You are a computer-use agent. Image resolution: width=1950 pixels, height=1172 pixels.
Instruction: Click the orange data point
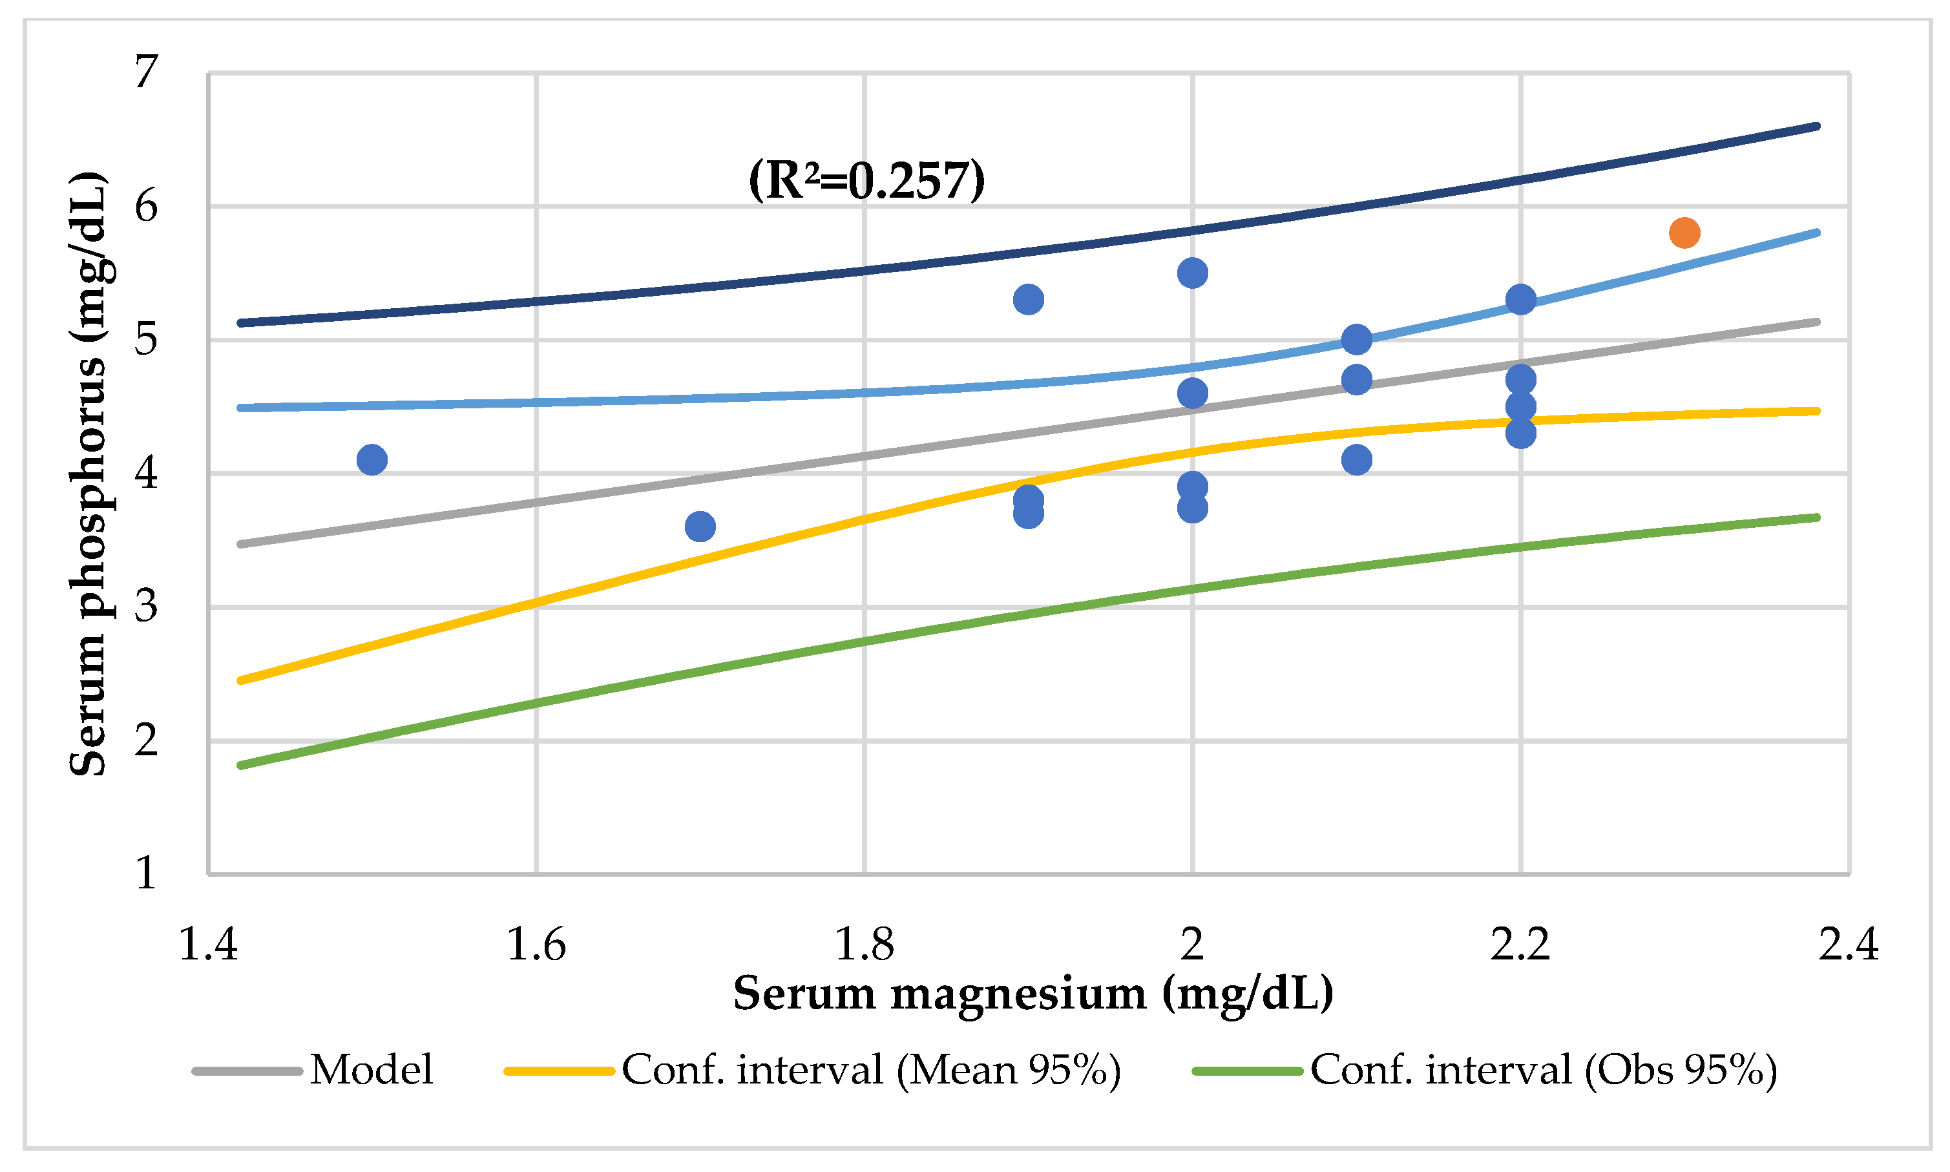[1684, 233]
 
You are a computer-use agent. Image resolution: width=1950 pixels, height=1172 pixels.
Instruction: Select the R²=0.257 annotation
[866, 180]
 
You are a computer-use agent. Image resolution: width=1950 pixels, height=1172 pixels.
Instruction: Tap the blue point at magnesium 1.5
[372, 459]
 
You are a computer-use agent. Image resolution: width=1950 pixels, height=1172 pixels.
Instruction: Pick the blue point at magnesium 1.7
[700, 526]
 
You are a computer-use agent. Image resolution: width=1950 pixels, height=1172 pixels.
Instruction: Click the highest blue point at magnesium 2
[1192, 273]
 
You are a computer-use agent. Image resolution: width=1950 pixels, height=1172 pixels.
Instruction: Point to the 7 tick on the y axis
[146, 72]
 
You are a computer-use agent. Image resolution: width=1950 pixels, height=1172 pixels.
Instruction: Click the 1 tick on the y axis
[146, 874]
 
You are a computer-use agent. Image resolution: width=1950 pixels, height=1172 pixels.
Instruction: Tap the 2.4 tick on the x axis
[1848, 945]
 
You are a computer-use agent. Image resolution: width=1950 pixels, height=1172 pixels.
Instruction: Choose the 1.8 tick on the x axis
[864, 945]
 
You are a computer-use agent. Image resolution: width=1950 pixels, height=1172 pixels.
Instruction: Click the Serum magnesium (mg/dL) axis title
[1033, 994]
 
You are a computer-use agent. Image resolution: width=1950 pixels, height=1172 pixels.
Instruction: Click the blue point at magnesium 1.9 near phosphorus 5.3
[1027, 299]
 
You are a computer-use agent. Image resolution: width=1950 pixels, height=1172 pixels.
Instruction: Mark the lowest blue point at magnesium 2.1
[1356, 459]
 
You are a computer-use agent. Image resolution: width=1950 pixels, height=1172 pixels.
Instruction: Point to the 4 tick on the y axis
[146, 474]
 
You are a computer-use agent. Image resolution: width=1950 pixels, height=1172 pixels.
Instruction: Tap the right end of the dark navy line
[1818, 127]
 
